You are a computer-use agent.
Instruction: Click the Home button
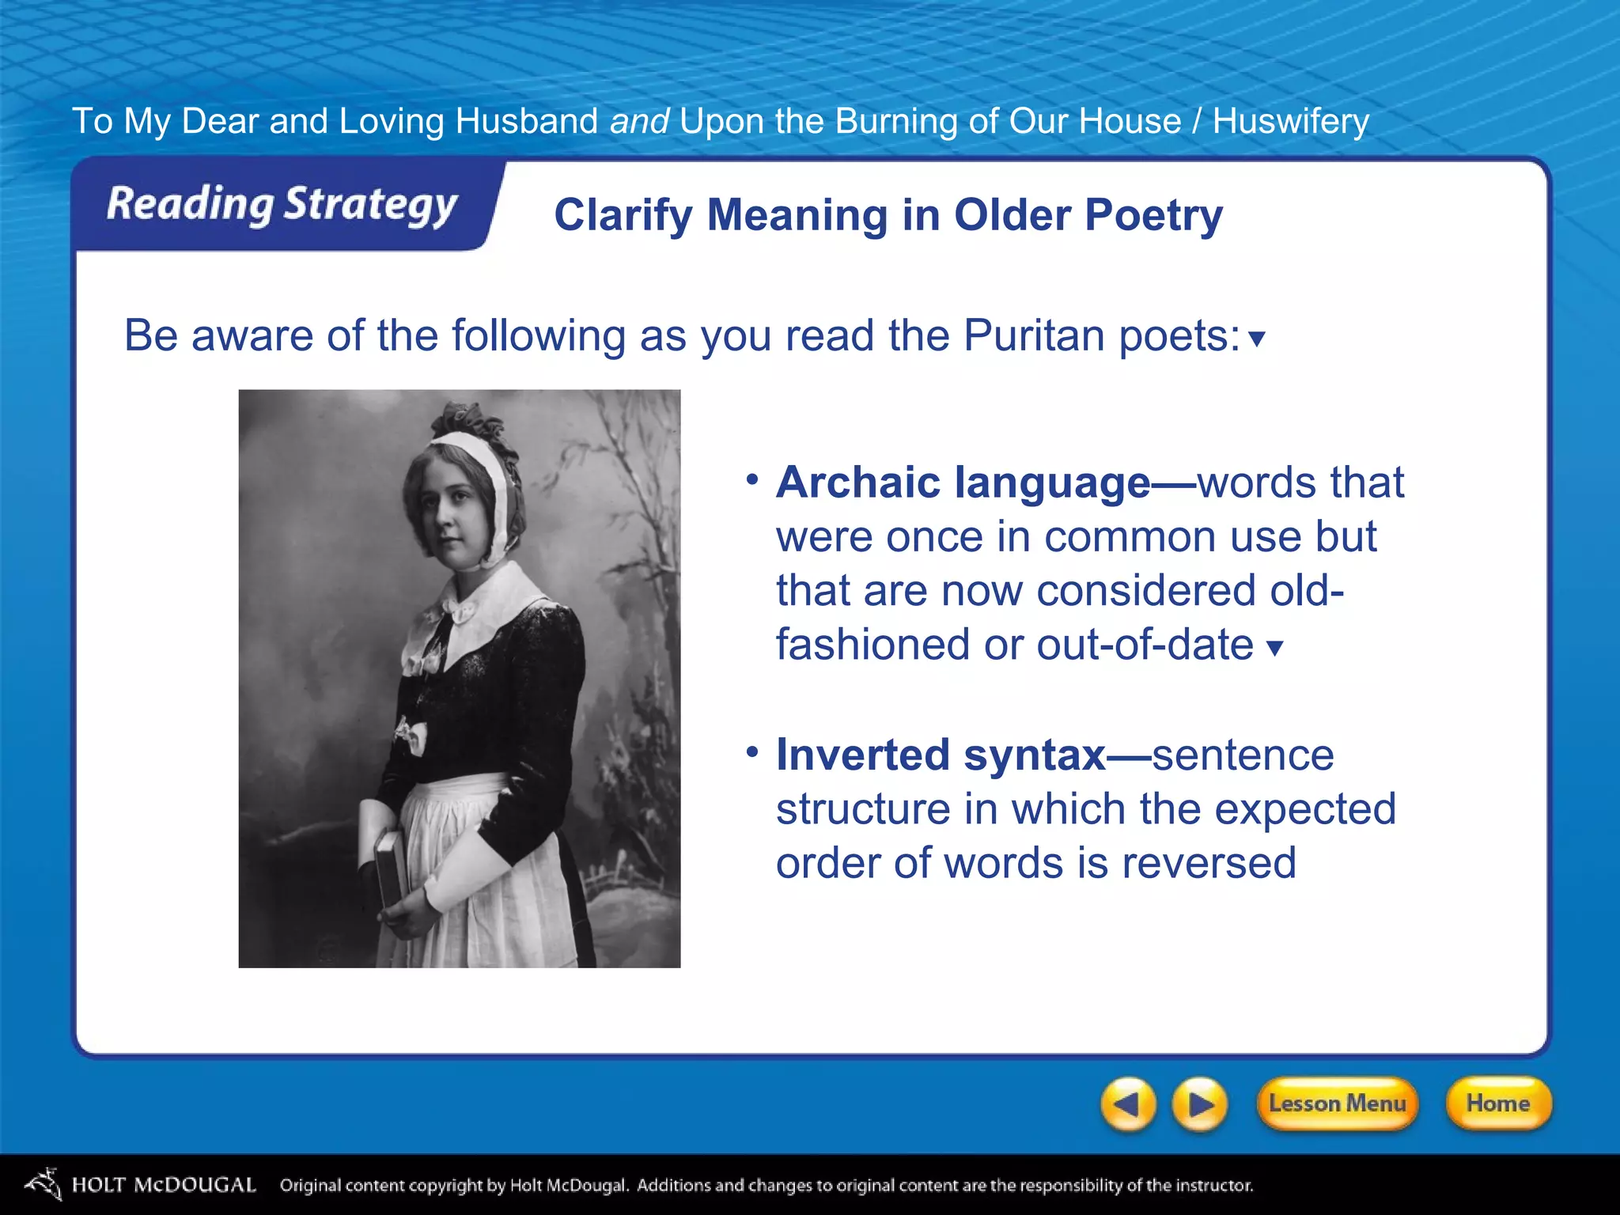click(x=1497, y=1103)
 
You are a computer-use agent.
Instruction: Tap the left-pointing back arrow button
click(x=1128, y=1103)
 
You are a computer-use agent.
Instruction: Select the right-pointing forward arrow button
click(x=1200, y=1103)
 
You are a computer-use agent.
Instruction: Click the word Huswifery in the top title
click(x=1290, y=122)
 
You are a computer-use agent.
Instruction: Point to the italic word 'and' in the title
click(x=639, y=122)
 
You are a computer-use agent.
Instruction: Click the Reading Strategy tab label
click(x=282, y=204)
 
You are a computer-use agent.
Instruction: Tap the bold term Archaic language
click(x=963, y=483)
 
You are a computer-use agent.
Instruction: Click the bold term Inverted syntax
click(x=941, y=755)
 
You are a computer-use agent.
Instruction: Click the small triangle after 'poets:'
click(x=1256, y=339)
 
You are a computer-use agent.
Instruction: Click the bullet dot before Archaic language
click(x=752, y=479)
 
